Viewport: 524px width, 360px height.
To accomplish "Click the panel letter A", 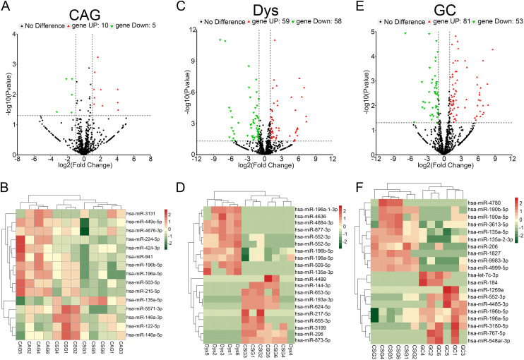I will tap(6, 6).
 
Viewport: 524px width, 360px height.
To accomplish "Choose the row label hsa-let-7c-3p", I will tap(489, 274).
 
